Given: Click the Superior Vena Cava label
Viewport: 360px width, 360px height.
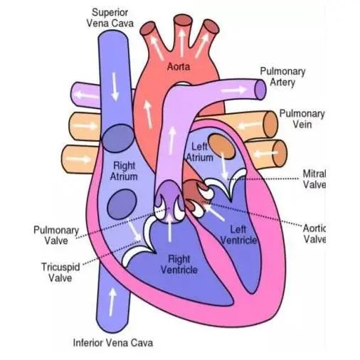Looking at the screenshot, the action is pyautogui.click(x=110, y=18).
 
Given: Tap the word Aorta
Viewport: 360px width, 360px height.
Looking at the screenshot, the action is pyautogui.click(x=179, y=67).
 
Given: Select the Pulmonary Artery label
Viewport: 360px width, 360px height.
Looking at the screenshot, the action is pyautogui.click(x=282, y=77).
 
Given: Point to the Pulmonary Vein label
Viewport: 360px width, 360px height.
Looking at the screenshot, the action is pyautogui.click(x=302, y=119).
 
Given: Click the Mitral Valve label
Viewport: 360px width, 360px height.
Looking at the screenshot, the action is pyautogui.click(x=314, y=179).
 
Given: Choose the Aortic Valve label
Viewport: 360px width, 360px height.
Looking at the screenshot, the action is pyautogui.click(x=314, y=234).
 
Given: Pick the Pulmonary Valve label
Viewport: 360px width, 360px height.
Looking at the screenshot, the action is pyautogui.click(x=56, y=235).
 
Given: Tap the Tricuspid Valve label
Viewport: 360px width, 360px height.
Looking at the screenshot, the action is pyautogui.click(x=60, y=272).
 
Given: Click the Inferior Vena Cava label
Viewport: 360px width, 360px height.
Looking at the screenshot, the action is pyautogui.click(x=113, y=343).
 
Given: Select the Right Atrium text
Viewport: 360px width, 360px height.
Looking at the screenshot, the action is pyautogui.click(x=124, y=171).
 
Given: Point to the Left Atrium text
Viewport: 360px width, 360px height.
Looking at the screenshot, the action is pyautogui.click(x=199, y=152).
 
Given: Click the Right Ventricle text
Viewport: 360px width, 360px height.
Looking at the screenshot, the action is pyautogui.click(x=179, y=265).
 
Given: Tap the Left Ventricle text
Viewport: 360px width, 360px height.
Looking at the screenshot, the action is pyautogui.click(x=238, y=235).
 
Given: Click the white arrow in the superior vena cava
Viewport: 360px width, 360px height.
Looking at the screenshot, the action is pyautogui.click(x=115, y=87).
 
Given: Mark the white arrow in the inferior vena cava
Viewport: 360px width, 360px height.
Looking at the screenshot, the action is pyautogui.click(x=112, y=302).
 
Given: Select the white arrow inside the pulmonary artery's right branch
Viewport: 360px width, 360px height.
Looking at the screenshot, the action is pyautogui.click(x=234, y=90).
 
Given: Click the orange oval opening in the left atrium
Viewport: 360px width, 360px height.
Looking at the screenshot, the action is pyautogui.click(x=222, y=147).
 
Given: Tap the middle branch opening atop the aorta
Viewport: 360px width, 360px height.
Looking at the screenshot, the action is pyautogui.click(x=182, y=21).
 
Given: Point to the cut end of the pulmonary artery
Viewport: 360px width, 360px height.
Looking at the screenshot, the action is pyautogui.click(x=260, y=90).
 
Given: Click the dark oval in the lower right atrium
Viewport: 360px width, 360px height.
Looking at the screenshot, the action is pyautogui.click(x=122, y=204).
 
